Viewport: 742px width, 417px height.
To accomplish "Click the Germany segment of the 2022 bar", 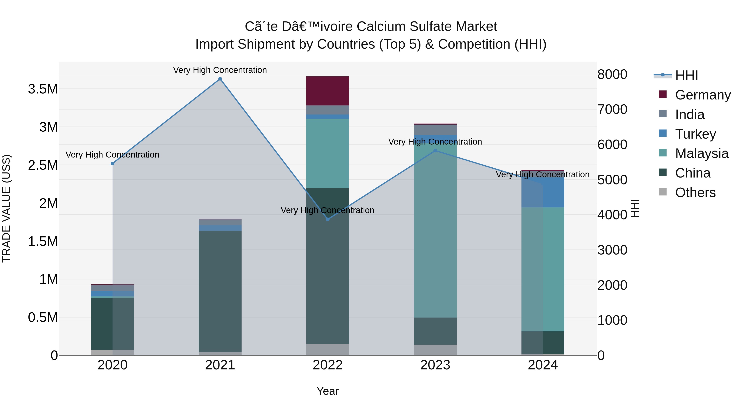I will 328,91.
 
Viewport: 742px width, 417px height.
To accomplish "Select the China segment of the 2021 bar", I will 220,291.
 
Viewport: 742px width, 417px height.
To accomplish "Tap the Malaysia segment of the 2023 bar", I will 435,230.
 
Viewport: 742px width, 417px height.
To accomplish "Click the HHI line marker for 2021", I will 220,79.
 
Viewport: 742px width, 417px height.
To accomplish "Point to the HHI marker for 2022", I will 328,219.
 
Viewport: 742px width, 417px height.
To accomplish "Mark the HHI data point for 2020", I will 113,164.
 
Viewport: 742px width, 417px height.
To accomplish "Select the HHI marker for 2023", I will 435,151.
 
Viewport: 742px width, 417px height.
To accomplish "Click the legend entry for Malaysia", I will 702,153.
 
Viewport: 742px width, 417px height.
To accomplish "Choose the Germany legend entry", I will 703,95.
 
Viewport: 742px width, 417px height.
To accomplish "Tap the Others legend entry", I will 695,193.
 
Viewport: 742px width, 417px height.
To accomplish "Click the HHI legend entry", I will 686,75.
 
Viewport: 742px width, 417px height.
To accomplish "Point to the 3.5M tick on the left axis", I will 43,89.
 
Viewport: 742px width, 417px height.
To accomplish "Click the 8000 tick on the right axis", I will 612,74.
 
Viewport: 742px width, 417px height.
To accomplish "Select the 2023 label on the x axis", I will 435,365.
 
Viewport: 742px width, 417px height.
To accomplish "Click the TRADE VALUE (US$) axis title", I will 6,208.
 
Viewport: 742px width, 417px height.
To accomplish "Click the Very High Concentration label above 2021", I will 220,70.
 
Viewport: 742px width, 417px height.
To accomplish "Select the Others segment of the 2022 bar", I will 328,349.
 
